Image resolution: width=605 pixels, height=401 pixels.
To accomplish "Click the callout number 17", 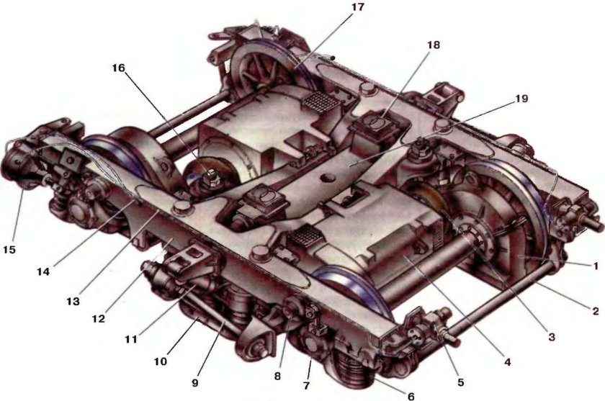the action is (x=357, y=7).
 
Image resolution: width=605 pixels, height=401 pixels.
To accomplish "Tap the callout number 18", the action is (x=434, y=45).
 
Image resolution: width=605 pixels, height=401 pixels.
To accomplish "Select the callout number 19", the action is (x=521, y=99).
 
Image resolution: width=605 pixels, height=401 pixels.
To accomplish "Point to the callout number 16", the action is (x=119, y=68).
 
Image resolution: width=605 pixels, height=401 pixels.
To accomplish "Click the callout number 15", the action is (x=9, y=250).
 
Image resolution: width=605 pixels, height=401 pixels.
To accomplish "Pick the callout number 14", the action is (x=44, y=272).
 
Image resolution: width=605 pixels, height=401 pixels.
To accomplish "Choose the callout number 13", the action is (x=73, y=301).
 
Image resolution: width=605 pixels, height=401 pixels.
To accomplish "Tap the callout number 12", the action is (x=99, y=319).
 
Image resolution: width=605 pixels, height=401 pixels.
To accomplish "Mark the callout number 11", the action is (x=131, y=340).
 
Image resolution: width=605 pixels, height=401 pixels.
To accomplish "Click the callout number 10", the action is (x=161, y=361).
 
